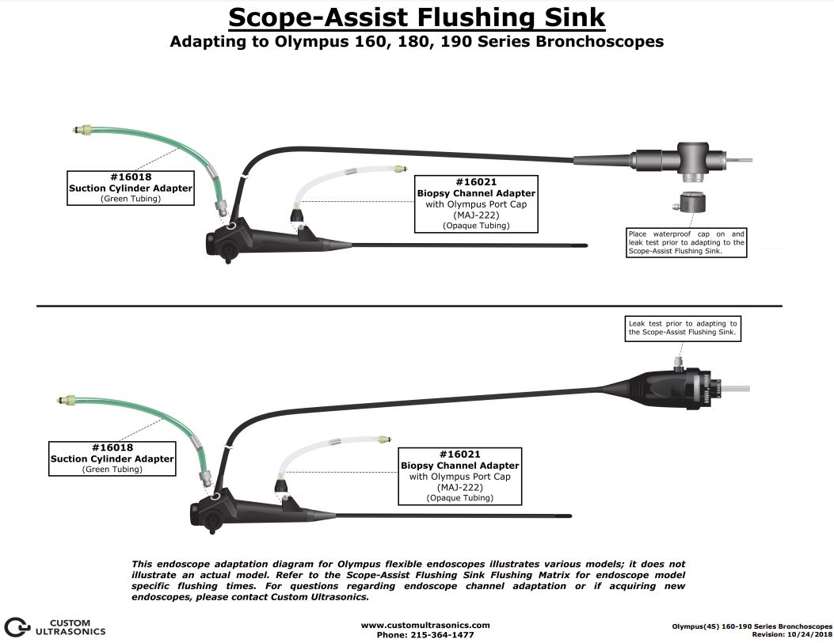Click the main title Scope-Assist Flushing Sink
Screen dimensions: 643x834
point(417,17)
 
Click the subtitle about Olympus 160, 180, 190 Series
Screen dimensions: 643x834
point(417,42)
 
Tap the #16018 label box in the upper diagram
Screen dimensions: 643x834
point(131,188)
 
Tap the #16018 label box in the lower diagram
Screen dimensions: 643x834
point(112,458)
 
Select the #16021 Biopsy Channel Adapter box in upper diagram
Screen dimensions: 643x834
point(476,204)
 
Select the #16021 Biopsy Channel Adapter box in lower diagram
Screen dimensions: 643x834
point(459,476)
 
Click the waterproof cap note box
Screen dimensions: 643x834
point(686,243)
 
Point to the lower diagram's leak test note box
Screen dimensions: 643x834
point(682,328)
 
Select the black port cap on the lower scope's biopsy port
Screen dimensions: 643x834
point(280,485)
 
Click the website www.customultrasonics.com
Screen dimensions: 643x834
point(425,625)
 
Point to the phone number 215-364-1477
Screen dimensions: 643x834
point(425,634)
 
